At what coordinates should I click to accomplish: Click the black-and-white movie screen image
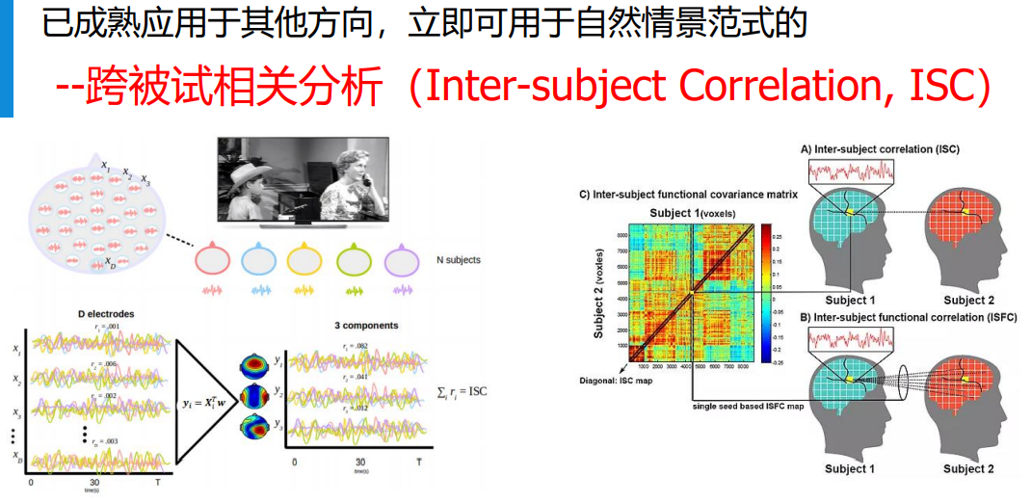[x=302, y=185]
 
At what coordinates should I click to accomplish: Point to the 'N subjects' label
[x=459, y=260]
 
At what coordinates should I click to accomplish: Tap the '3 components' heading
[x=366, y=326]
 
